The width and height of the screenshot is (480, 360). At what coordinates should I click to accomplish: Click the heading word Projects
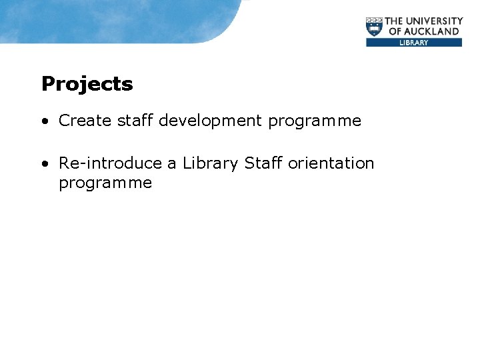[87, 85]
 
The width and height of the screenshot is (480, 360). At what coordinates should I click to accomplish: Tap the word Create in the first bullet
[85, 121]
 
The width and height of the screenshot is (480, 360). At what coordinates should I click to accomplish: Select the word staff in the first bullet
[135, 121]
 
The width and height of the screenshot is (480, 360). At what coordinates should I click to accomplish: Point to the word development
[211, 121]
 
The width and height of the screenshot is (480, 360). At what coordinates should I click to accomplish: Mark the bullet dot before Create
[43, 121]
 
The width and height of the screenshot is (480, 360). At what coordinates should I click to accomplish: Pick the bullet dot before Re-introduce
[43, 164]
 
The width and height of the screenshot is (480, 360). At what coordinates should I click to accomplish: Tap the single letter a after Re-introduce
[172, 164]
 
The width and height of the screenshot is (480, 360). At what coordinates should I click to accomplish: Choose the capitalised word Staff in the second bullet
[263, 163]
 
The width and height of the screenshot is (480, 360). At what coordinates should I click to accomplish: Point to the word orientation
[331, 163]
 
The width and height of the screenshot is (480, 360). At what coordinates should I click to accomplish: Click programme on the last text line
[105, 183]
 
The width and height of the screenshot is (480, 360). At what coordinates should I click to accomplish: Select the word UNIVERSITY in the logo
[437, 21]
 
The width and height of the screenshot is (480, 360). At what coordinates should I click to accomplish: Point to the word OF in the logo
[395, 31]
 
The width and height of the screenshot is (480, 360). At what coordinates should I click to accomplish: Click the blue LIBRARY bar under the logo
[413, 43]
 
